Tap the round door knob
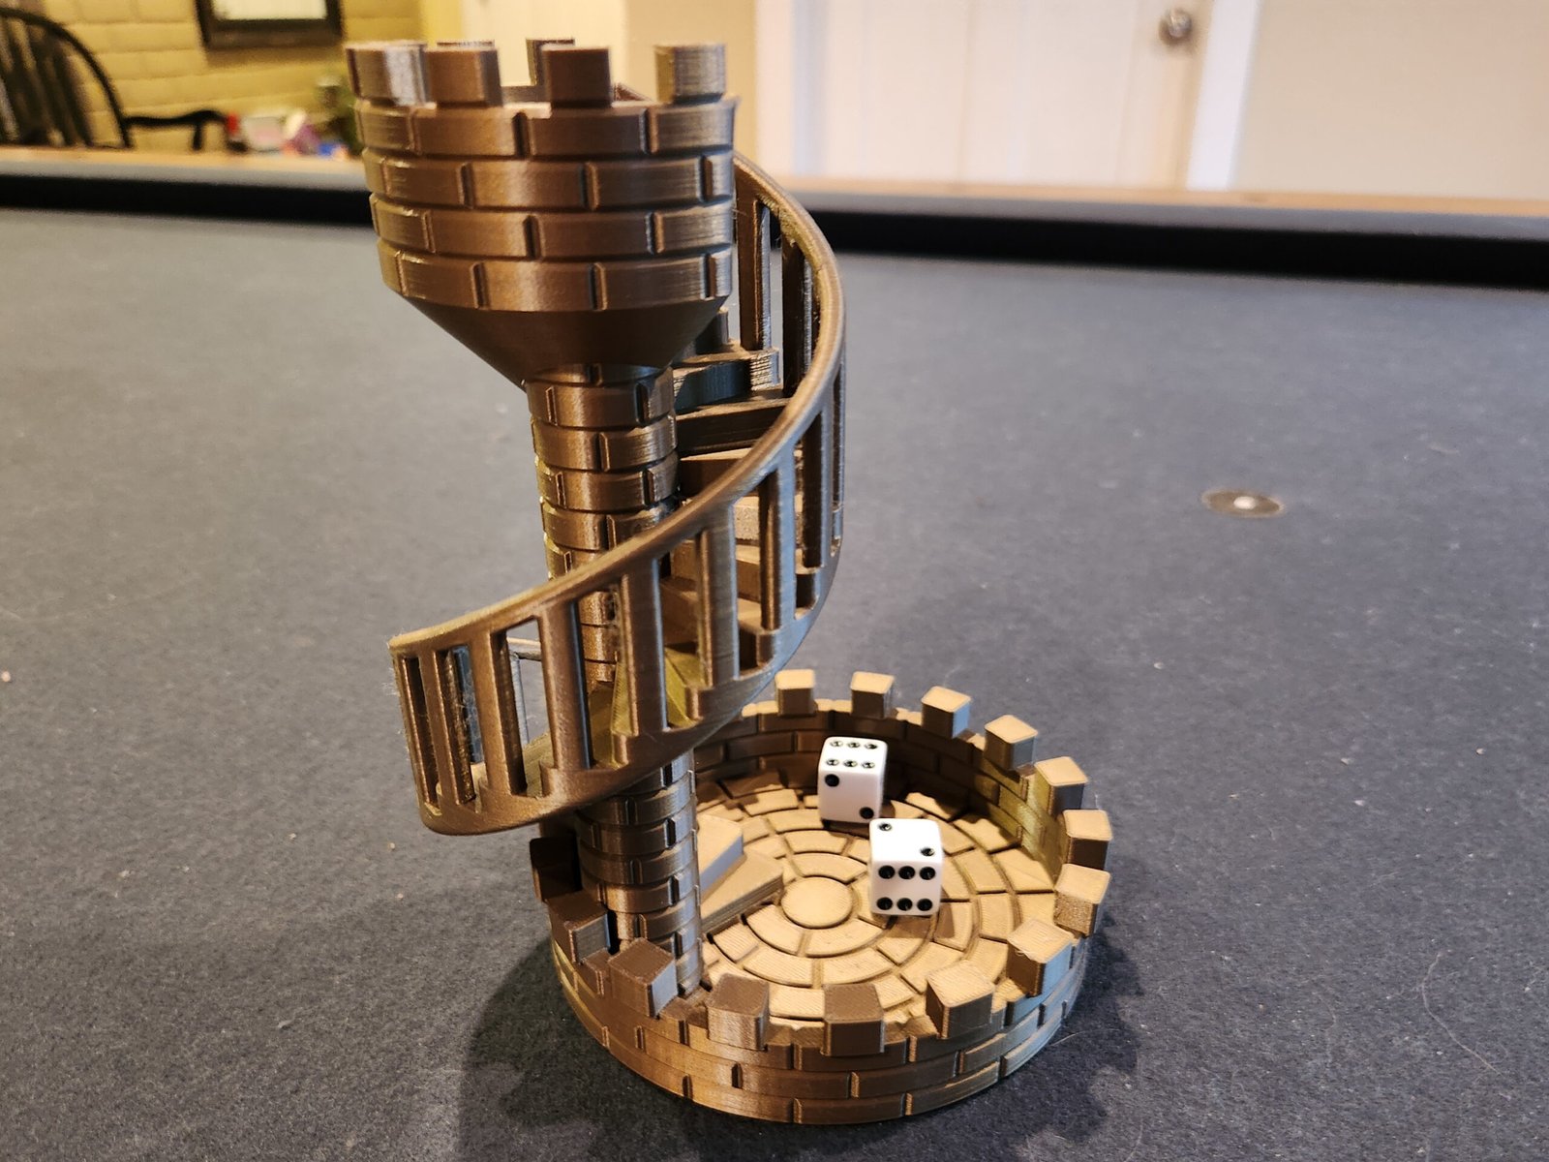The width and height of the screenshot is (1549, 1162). pos(1176,26)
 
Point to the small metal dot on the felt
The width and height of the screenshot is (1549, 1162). pos(1242,503)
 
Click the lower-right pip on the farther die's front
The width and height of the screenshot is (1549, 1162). pos(874,811)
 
